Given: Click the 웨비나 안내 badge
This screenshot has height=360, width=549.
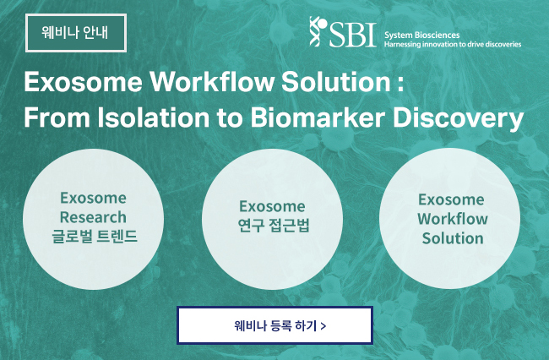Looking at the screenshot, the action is pos(76,33).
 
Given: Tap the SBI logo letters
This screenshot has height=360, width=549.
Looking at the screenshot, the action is pos(352,35).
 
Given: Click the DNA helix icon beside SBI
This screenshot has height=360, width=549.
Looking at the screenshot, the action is pos(318,31).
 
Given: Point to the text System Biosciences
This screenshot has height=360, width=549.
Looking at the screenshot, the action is pos(422,35).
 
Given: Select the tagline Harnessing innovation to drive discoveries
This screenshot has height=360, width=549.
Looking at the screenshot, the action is pos(453,45).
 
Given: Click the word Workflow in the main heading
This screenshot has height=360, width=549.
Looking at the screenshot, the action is pos(212,82).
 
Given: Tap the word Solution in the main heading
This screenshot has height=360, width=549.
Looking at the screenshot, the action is pos(336,82).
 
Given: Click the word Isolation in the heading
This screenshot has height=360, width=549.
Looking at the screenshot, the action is pos(154,117).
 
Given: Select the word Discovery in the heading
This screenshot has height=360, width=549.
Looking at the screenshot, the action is pos(459,119).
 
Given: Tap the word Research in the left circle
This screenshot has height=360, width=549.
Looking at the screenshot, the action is pos(93,217).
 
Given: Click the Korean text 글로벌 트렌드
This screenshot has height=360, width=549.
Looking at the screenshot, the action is pos(95,236).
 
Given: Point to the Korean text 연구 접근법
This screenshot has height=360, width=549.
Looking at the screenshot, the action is pos(274,225).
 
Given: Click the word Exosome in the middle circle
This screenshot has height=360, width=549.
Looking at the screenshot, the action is pos(272,206).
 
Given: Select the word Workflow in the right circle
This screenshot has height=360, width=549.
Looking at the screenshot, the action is pos(453,219).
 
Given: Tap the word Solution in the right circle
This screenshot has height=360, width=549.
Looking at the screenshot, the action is pos(453,238).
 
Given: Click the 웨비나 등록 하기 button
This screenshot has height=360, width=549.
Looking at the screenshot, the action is pos(274,325).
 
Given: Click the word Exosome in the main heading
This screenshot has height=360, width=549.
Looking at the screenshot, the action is pos(84,82).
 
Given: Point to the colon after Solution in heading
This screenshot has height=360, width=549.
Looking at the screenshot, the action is pos(400,85).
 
